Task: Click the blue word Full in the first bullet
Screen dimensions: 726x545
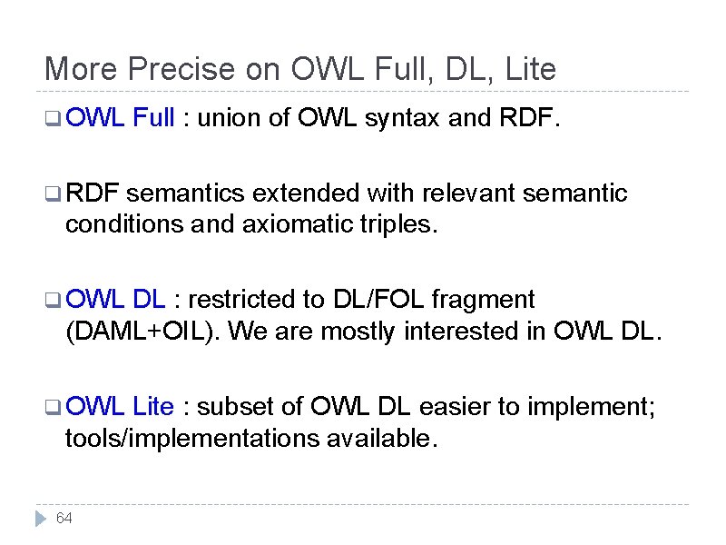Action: click(152, 116)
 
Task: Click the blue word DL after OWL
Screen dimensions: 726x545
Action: click(149, 299)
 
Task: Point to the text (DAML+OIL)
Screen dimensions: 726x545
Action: click(142, 332)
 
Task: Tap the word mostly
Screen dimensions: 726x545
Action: click(351, 332)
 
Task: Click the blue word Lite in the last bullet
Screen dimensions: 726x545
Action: click(153, 406)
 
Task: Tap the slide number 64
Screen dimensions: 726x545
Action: click(64, 519)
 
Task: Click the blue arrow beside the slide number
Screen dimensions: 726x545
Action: click(39, 519)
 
